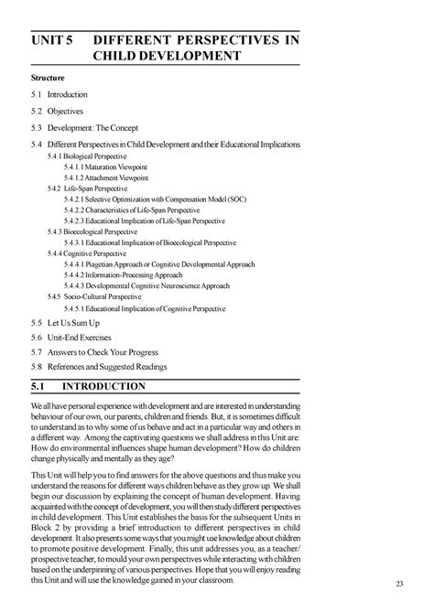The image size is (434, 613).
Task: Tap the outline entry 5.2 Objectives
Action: pos(57,112)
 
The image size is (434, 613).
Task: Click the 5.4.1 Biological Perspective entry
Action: pos(88,157)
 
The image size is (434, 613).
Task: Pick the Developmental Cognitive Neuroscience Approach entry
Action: pos(146,285)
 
